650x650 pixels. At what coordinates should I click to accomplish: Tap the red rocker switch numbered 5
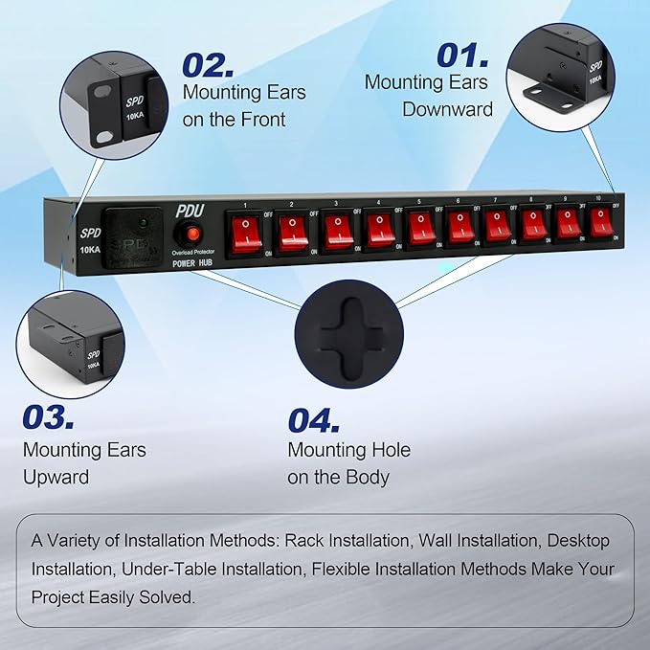click(421, 228)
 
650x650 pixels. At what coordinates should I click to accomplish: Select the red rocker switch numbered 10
click(600, 222)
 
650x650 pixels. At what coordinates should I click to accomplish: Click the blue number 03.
click(48, 417)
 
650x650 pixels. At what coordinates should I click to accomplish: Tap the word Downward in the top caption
click(447, 109)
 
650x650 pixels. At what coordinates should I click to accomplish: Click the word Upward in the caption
click(56, 477)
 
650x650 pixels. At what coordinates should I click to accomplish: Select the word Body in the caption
click(367, 477)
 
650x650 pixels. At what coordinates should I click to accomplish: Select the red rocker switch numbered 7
click(496, 226)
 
